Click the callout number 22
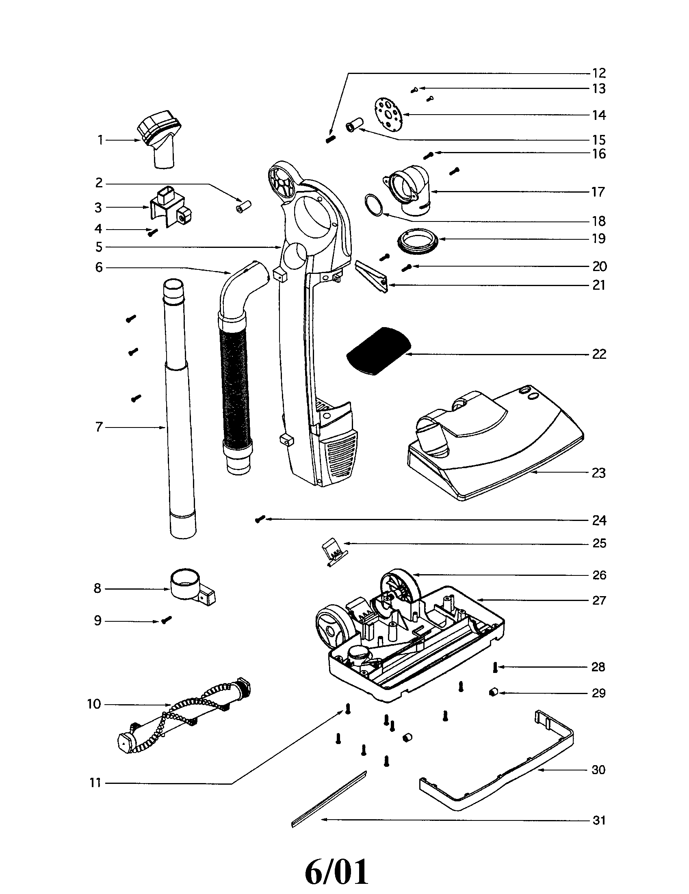click(x=598, y=354)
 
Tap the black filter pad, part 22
click(x=377, y=351)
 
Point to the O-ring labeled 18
click(x=374, y=205)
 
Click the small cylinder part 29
click(x=493, y=692)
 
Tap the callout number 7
click(x=99, y=427)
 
